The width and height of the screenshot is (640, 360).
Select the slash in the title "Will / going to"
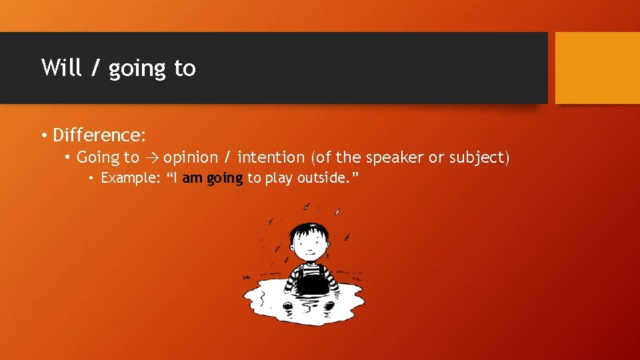[x=94, y=68]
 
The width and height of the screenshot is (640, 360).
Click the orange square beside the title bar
[x=597, y=68]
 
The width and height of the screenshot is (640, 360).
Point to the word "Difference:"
[x=99, y=135]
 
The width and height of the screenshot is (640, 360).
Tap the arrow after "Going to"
[x=151, y=158]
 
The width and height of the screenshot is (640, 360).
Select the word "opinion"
[x=191, y=157]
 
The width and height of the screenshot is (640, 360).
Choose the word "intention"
[x=271, y=157]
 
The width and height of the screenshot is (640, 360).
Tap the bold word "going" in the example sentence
[x=225, y=179]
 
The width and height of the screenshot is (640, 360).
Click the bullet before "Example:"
[x=93, y=179]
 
